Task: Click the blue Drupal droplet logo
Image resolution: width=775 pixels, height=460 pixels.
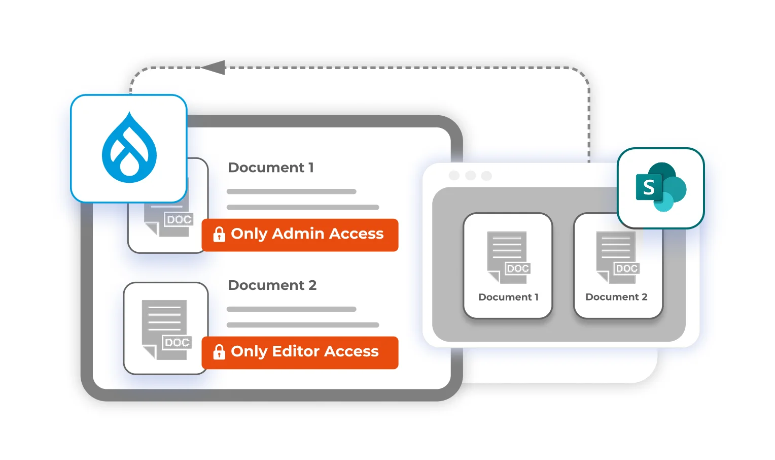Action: click(x=129, y=148)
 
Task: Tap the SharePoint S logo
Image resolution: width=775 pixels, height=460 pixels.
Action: click(x=661, y=187)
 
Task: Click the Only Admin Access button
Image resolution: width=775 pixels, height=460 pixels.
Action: click(x=300, y=235)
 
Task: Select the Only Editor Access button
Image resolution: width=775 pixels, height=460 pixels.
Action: click(x=300, y=352)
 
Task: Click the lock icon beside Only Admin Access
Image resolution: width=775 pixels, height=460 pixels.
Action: click(x=219, y=234)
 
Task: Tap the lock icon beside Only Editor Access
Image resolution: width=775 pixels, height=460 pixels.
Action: click(x=219, y=352)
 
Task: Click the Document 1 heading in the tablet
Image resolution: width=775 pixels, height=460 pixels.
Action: click(x=271, y=168)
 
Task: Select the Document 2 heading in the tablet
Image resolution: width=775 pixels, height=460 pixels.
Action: click(x=272, y=285)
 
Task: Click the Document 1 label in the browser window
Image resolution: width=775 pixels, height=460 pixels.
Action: click(x=508, y=297)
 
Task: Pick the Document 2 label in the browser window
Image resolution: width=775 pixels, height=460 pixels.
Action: click(x=616, y=297)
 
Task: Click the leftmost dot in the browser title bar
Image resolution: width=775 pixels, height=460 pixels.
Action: click(x=454, y=176)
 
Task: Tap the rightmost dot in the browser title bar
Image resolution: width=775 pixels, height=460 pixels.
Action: click(x=486, y=176)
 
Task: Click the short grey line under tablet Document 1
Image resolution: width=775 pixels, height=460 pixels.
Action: click(x=291, y=191)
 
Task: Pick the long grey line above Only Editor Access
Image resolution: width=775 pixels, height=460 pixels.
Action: click(x=303, y=325)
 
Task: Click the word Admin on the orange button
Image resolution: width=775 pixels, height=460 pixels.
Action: click(x=298, y=234)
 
